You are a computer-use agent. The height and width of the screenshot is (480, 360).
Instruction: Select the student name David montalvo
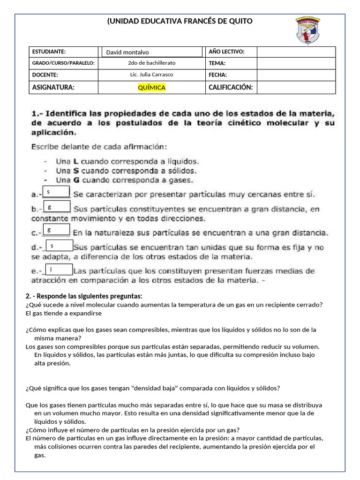[x=127, y=52]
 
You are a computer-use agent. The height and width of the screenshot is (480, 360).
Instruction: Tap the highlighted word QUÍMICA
[x=151, y=87]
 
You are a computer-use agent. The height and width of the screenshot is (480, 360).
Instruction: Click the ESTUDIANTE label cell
[x=49, y=52]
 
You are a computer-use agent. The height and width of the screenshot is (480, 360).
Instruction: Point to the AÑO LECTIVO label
[x=226, y=52]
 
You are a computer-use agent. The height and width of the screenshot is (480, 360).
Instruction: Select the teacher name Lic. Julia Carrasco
[x=151, y=75]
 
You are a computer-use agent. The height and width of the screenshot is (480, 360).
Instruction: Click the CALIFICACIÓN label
[x=231, y=87]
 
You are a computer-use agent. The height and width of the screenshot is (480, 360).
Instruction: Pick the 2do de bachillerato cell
[x=151, y=63]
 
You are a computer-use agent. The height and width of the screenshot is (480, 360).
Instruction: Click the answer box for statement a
[x=56, y=192]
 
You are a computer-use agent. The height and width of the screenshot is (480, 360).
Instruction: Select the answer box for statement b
[x=56, y=206]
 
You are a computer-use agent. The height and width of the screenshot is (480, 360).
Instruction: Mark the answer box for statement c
[x=56, y=230]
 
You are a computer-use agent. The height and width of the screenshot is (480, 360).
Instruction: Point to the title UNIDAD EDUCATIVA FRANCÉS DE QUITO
[x=180, y=21]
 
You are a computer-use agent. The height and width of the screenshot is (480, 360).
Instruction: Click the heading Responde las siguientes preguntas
[x=84, y=296]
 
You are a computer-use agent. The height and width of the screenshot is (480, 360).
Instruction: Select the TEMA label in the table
[x=217, y=63]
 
